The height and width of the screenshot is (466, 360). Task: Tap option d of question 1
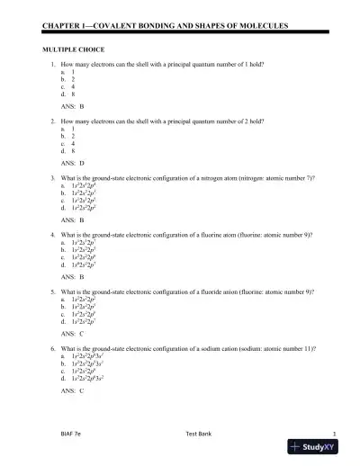coord(63,94)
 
